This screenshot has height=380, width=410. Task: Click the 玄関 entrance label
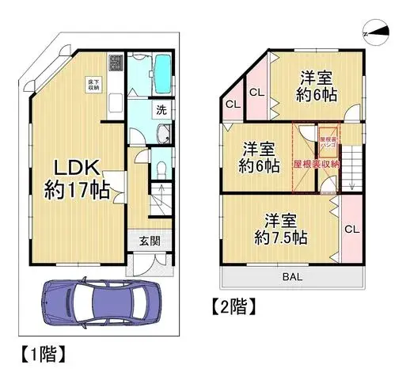pyautogui.click(x=150, y=242)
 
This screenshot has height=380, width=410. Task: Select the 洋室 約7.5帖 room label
pyautogui.click(x=282, y=229)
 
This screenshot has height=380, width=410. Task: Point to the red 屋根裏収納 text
pyautogui.click(x=316, y=164)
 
